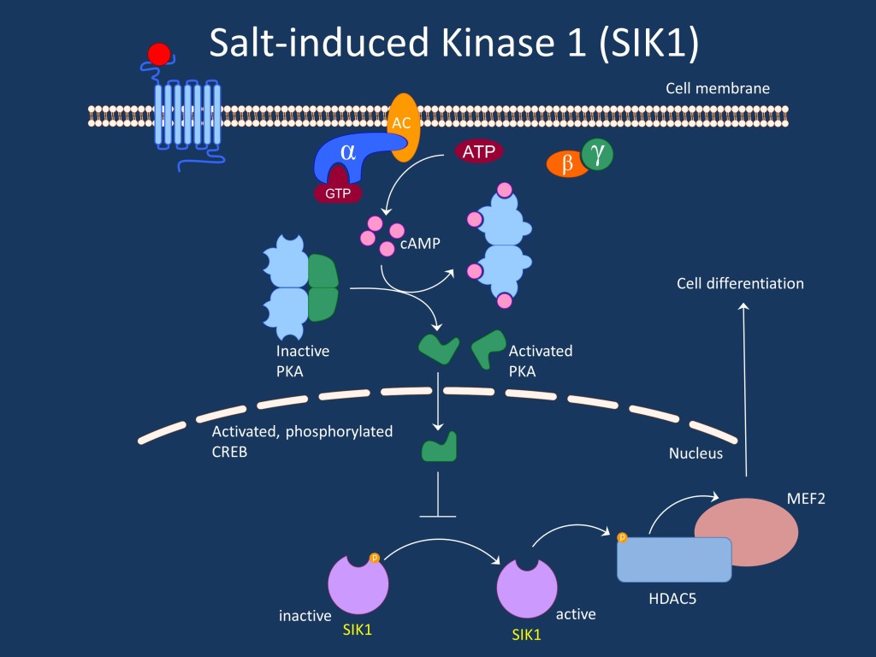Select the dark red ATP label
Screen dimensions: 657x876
[x=478, y=152]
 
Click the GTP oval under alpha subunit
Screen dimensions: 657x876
[x=337, y=193]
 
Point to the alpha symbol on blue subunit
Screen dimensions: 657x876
[x=348, y=151]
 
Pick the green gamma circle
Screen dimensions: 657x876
[x=597, y=155]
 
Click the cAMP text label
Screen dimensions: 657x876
[x=419, y=245]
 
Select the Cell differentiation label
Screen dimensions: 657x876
[x=740, y=283]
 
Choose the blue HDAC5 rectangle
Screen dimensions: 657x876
[x=674, y=560]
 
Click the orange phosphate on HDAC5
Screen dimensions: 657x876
[x=622, y=538]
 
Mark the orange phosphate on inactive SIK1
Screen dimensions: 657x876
[x=374, y=558]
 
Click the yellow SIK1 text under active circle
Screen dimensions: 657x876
[x=527, y=635]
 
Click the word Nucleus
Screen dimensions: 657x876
[x=695, y=453]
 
